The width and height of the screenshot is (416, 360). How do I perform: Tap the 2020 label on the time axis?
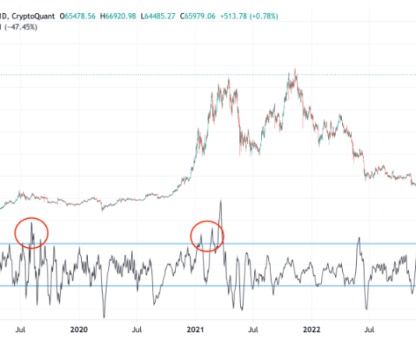78,330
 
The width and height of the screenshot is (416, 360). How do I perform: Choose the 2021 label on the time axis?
196,330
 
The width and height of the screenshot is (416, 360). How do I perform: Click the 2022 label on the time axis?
312,330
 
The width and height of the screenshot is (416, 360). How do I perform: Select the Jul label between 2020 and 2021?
137,330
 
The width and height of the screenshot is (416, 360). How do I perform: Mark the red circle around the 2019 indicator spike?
32,233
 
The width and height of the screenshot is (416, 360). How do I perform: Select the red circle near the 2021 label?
207,235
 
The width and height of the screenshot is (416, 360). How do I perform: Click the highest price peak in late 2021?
294,70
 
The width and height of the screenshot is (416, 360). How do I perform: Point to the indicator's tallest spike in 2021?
221,201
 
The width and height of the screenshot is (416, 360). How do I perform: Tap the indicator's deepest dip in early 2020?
104,316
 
